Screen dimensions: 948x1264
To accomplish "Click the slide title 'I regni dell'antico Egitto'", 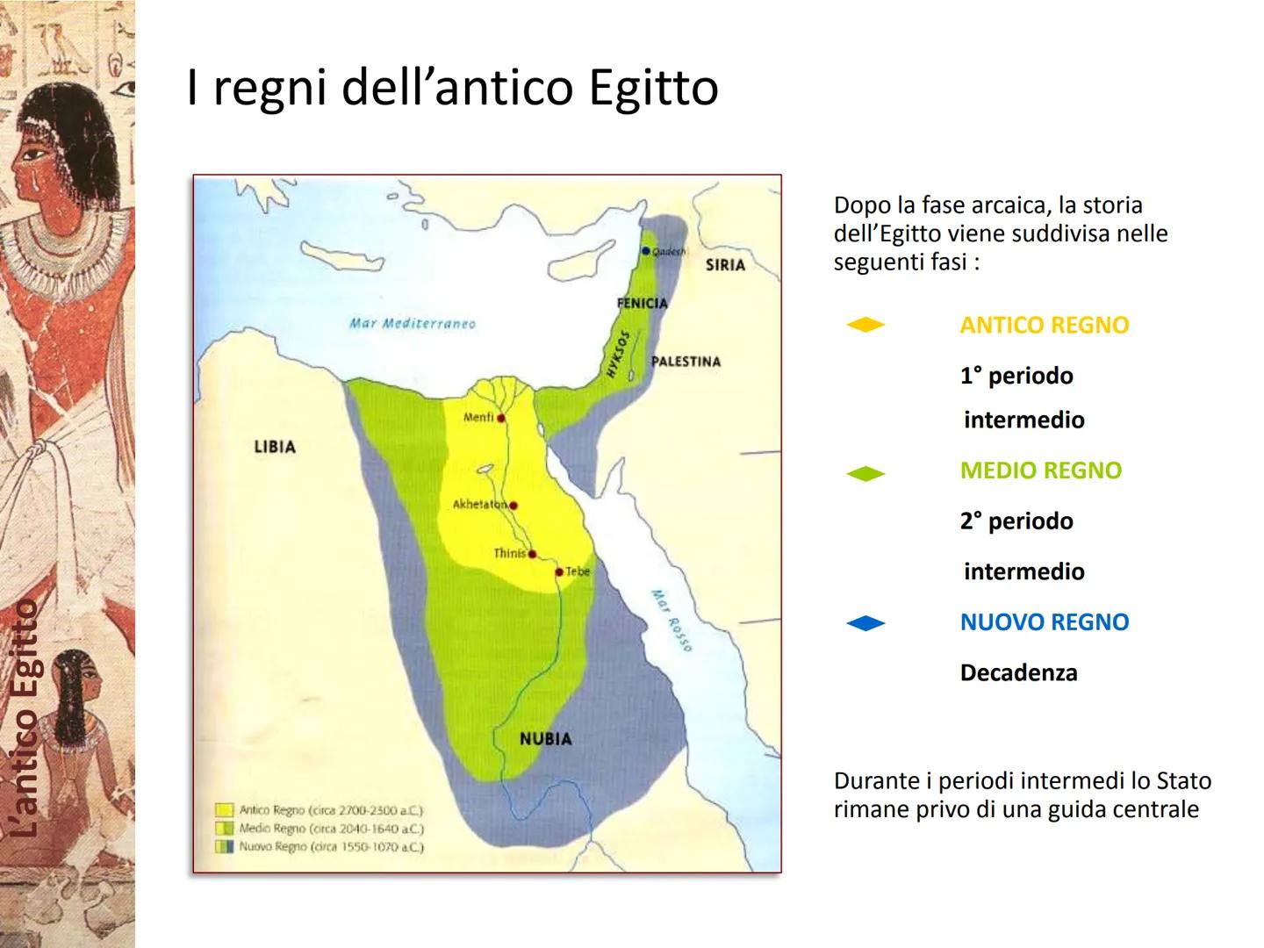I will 452,88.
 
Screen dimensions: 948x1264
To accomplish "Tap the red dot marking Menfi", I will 501,419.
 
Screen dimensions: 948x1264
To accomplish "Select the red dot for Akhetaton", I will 513,506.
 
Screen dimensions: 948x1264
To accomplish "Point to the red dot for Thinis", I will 532,555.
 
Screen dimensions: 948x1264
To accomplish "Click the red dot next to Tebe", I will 559,572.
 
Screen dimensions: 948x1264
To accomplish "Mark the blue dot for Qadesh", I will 646,251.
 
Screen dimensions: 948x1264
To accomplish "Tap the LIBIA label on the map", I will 275,447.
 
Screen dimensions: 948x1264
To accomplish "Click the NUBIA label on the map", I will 545,739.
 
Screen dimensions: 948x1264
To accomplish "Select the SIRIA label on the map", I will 725,265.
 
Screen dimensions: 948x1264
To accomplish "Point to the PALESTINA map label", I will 686,362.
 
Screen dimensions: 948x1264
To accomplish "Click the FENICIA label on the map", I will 642,304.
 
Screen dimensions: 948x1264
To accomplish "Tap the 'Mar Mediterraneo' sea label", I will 412,323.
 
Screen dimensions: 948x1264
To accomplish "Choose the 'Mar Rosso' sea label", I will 671,621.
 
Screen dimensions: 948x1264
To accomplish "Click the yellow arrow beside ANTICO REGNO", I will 865,326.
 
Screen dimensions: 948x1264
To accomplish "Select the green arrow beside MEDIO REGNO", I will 865,474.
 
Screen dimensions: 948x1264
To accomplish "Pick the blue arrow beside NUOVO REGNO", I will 865,623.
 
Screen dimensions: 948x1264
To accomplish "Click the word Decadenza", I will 1018,673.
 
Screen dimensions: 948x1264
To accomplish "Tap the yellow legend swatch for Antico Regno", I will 224,810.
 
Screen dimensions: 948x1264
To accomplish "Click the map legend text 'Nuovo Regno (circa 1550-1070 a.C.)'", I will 332,847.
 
